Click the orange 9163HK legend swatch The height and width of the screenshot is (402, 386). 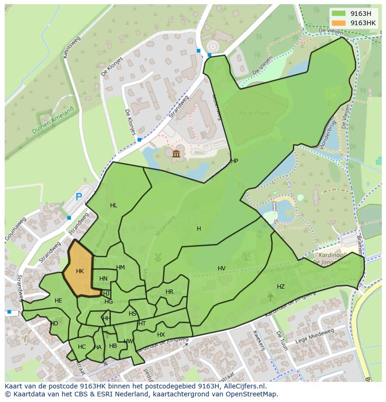(x=339, y=23)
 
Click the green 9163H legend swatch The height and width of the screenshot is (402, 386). (x=339, y=14)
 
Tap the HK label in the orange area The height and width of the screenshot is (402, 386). (x=80, y=271)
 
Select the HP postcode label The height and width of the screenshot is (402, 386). (x=234, y=161)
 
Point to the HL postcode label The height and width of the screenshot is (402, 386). (x=114, y=205)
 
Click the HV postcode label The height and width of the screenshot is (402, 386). (x=221, y=268)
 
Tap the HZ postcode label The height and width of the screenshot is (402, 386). (x=281, y=287)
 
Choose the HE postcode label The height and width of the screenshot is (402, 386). (x=58, y=301)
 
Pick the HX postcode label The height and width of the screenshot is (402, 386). (x=161, y=335)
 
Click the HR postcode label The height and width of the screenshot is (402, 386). (x=169, y=292)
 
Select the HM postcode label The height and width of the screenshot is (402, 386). (x=120, y=268)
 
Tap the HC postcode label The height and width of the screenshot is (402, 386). (x=82, y=347)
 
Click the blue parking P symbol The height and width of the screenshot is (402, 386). (x=79, y=197)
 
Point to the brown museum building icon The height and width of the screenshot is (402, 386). (x=176, y=154)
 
